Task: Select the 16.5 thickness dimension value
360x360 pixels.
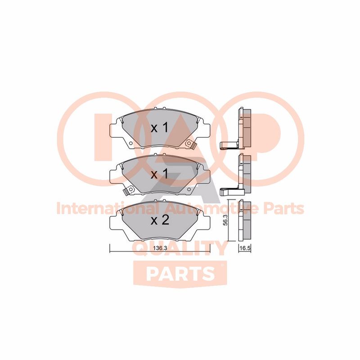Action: pyautogui.click(x=245, y=248)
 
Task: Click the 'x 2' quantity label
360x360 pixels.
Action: pyautogui.click(x=160, y=220)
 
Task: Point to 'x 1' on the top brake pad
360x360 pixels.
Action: pyautogui.click(x=160, y=128)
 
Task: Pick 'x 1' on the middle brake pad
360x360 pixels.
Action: pyautogui.click(x=160, y=175)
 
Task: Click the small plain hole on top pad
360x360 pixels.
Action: pyautogui.click(x=130, y=144)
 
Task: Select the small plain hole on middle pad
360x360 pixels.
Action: pyautogui.click(x=189, y=189)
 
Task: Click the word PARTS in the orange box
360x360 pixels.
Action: pyautogui.click(x=180, y=273)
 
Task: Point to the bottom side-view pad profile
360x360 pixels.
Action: pyautogui.click(x=245, y=221)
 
